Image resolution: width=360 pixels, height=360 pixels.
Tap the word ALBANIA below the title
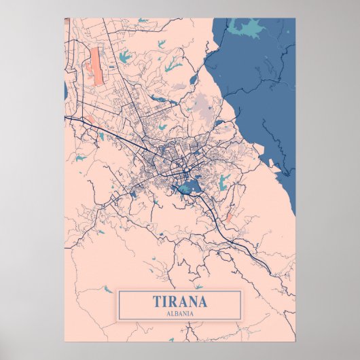pyautogui.click(x=180, y=314)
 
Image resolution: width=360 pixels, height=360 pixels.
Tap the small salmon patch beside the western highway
pyautogui.click(x=89, y=120)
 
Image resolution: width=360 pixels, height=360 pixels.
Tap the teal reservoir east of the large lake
pyautogui.click(x=223, y=181)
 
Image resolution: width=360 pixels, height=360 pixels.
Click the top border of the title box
pyautogui.click(x=180, y=291)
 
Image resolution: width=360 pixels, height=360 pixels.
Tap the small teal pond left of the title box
pyautogui.click(x=107, y=289)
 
